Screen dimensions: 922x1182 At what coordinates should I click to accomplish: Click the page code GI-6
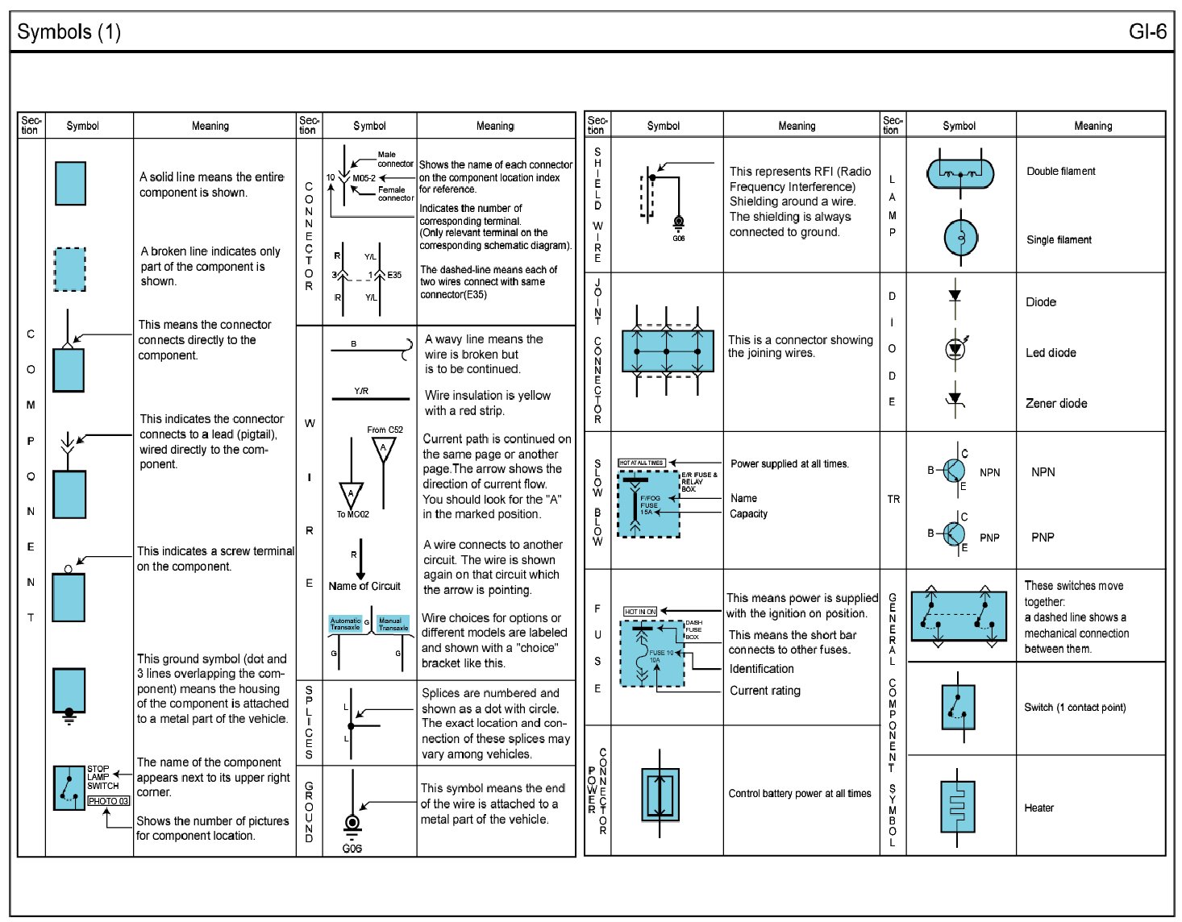tap(1147, 31)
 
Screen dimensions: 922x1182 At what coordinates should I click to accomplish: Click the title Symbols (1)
tap(69, 32)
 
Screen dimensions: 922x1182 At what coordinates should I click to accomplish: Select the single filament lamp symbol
tap(960, 237)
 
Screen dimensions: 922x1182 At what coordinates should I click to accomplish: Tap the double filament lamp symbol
tap(959, 172)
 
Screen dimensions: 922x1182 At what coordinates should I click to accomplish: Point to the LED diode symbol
tap(955, 349)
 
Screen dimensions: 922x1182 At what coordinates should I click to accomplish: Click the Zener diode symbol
tap(955, 400)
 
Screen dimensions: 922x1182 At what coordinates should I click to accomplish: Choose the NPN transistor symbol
tap(953, 469)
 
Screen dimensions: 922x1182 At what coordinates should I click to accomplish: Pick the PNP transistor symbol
tap(953, 533)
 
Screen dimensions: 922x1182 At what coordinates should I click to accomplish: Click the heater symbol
tap(957, 807)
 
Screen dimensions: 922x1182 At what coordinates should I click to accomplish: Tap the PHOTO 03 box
tap(108, 801)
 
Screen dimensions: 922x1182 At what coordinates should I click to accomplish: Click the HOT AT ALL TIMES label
tap(641, 463)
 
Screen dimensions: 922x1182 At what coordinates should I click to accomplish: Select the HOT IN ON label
tap(640, 612)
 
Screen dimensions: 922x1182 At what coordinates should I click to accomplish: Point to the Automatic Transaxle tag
tap(346, 624)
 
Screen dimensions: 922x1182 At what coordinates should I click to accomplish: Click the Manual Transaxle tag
tap(393, 624)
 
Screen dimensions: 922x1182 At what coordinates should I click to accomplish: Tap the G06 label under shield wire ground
tap(678, 239)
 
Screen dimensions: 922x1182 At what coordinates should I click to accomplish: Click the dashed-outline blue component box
tap(70, 269)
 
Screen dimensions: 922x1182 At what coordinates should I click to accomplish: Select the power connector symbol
tap(660, 795)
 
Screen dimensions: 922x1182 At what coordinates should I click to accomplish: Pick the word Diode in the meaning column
tap(1040, 302)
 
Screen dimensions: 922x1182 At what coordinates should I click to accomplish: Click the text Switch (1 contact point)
tap(1075, 708)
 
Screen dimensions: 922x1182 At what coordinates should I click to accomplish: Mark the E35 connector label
tap(394, 275)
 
